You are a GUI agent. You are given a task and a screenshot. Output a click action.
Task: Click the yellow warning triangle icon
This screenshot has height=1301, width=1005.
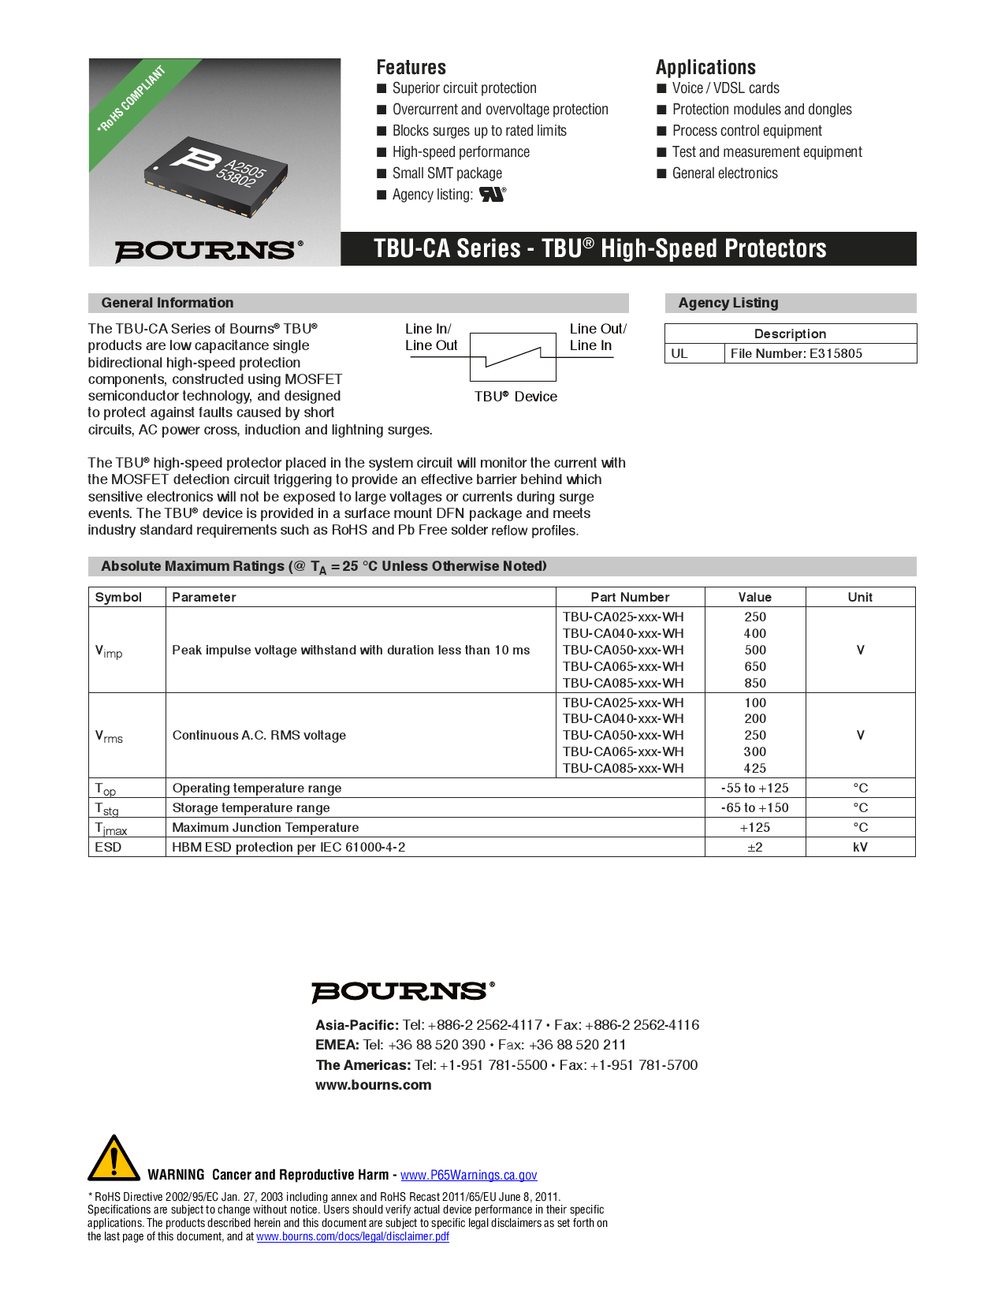[x=114, y=1159]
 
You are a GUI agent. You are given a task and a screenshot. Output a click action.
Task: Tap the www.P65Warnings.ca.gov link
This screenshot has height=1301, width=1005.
[x=468, y=1175]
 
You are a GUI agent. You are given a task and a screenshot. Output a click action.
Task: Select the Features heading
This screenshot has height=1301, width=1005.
[x=411, y=67]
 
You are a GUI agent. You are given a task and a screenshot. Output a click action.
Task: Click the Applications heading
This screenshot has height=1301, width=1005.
[x=705, y=67]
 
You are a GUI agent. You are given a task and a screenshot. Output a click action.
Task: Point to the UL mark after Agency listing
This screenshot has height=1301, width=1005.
[x=492, y=194]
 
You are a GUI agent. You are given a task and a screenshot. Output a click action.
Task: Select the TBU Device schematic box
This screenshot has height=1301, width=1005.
[x=513, y=357]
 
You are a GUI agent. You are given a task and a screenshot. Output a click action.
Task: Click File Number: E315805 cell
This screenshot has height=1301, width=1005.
[x=796, y=353]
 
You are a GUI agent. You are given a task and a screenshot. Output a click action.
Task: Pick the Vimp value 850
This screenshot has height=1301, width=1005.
[x=754, y=683]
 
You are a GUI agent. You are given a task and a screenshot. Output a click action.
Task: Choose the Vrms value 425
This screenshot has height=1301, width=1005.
[x=754, y=768]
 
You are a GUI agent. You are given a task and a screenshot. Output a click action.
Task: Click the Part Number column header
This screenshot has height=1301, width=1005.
[x=630, y=597]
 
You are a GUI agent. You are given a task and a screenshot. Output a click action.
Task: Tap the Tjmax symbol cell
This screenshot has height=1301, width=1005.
[x=111, y=828]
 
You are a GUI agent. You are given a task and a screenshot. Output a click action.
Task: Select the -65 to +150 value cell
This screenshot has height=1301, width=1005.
[x=754, y=807]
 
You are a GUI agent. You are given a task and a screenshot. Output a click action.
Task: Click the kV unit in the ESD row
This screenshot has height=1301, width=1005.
[x=859, y=847]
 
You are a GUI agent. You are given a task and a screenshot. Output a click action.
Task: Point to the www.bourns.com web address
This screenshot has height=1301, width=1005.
[x=373, y=1085]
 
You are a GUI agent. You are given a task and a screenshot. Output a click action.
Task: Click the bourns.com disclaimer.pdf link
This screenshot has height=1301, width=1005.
[x=352, y=1236]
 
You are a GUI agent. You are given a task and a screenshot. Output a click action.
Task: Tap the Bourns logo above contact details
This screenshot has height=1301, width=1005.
[x=403, y=991]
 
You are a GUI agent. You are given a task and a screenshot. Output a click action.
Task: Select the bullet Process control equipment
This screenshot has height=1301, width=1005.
[x=746, y=131]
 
